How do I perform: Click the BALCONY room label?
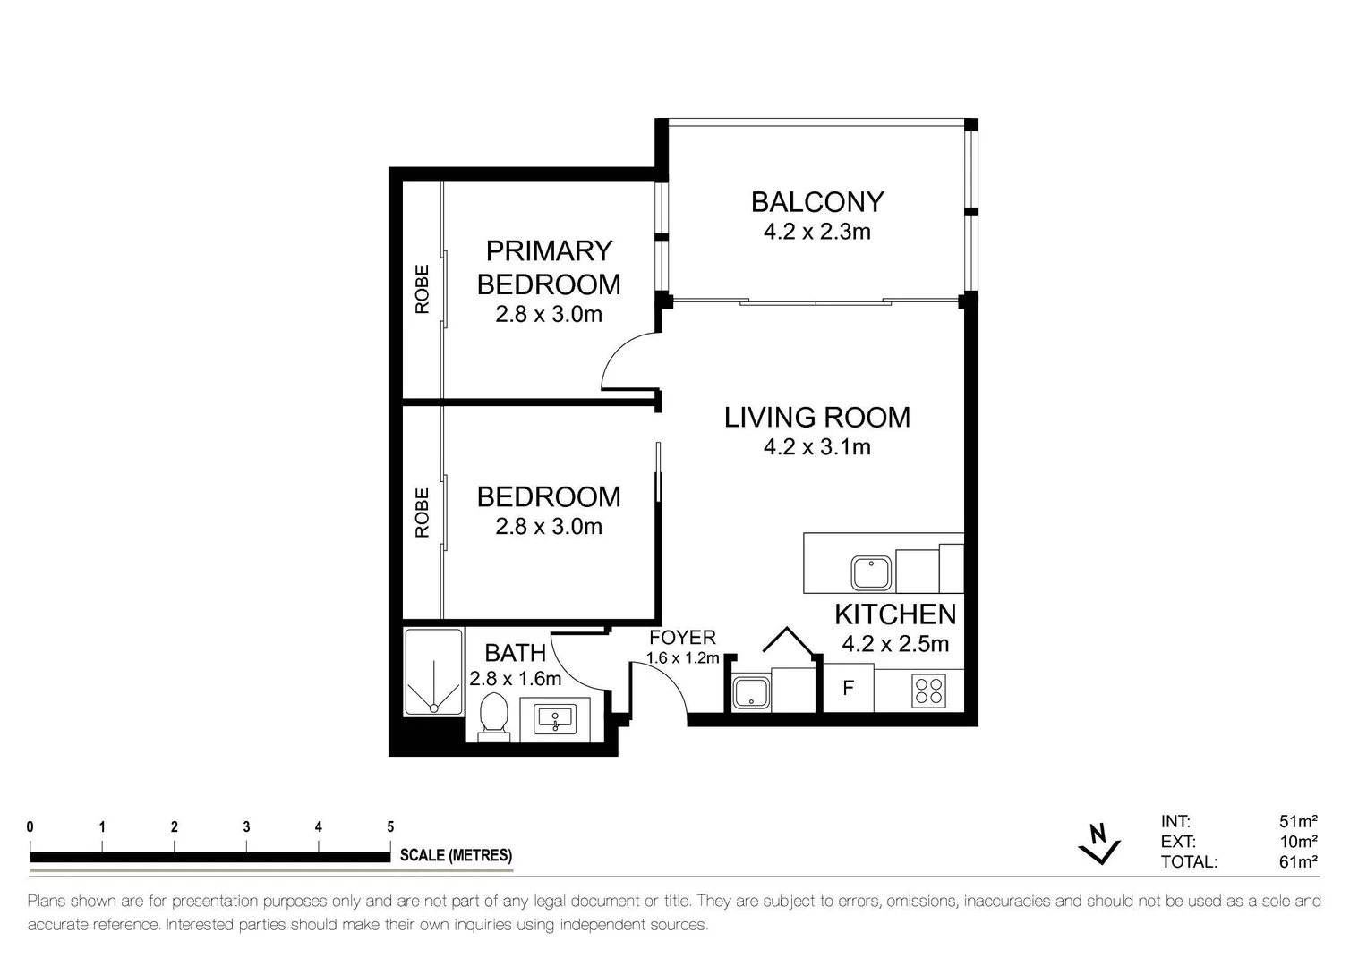(x=816, y=202)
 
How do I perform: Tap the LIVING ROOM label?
(x=816, y=418)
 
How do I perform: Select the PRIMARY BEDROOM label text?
(x=548, y=267)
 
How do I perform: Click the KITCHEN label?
(x=894, y=614)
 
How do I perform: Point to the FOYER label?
(x=682, y=638)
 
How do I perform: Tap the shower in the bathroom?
(x=433, y=673)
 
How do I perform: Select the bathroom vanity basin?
(x=555, y=717)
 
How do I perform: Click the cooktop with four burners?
(x=928, y=691)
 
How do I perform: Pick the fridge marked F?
(x=848, y=690)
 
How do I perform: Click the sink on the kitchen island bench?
(x=870, y=573)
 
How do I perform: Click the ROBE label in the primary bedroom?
(x=422, y=289)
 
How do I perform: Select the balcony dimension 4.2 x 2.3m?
(x=816, y=233)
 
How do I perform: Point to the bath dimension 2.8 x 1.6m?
(x=515, y=679)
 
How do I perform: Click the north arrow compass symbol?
(x=1100, y=843)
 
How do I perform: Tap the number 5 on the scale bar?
(x=389, y=827)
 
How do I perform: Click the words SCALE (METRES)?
(x=456, y=856)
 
